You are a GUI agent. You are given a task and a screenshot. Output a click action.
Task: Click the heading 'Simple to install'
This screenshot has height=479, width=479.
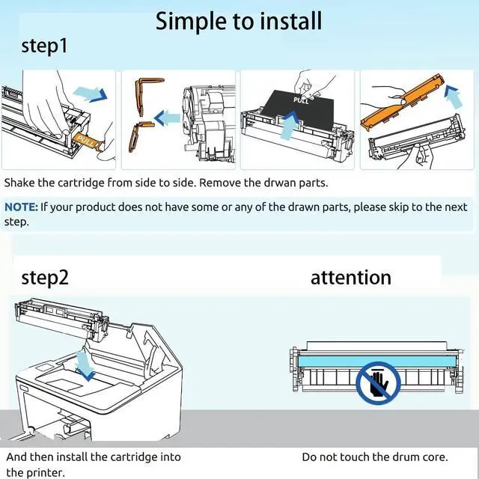239,21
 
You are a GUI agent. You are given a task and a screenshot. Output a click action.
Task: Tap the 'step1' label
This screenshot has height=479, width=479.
44,46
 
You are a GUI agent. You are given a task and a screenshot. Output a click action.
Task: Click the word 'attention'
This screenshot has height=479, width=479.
351,277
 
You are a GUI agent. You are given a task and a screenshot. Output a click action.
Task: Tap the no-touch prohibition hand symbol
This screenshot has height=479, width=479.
378,381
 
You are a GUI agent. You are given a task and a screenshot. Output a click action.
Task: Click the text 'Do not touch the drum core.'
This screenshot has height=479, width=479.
375,457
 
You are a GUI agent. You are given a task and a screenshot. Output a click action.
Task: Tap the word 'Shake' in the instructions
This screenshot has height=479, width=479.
20,182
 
